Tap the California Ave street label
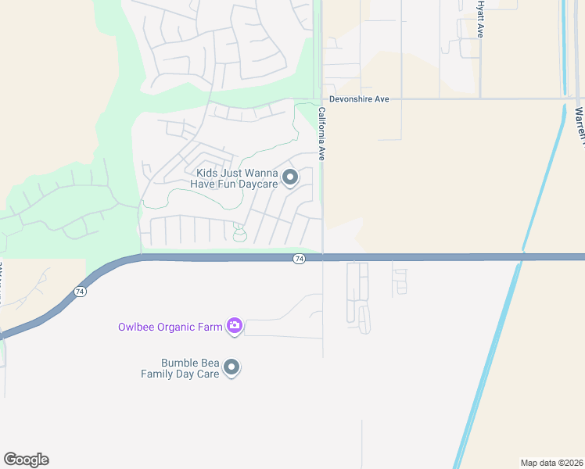321,134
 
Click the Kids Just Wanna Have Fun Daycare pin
290,177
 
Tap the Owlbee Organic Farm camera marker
234,326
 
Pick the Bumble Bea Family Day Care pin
231,367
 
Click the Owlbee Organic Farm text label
170,327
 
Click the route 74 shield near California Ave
299,259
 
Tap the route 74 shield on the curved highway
80,291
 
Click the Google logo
26,460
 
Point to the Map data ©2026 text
552,462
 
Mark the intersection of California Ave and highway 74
323,257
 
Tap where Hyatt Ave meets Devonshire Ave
479,99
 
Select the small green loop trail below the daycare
239,234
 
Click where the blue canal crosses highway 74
519,257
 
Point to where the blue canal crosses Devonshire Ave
565,99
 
